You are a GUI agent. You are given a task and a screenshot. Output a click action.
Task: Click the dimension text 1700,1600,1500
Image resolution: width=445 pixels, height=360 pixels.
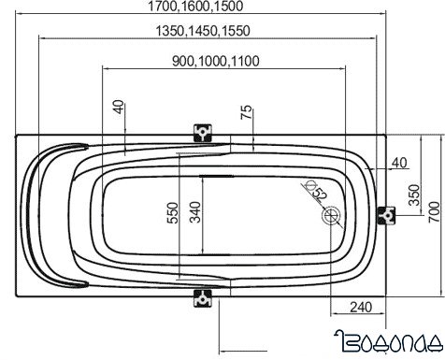195,7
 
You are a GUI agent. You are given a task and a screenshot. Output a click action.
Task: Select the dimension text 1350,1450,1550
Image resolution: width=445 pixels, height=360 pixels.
203,31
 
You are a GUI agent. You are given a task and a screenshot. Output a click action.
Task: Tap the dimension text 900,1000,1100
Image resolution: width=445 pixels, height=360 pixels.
216,61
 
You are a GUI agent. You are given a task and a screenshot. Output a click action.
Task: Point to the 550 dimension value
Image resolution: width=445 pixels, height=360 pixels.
173,213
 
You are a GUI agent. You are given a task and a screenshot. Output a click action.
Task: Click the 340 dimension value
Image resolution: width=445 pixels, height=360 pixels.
195,212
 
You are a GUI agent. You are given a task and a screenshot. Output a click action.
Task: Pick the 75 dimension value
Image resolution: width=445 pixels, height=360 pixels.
246,112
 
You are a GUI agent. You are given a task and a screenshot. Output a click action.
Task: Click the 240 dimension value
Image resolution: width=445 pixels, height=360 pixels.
361,308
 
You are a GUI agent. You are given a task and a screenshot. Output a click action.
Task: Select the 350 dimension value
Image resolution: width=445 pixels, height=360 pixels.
414,195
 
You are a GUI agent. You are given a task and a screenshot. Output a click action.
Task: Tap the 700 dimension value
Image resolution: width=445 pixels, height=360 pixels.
435,212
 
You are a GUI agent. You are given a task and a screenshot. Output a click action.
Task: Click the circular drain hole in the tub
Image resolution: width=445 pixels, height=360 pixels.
332,216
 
